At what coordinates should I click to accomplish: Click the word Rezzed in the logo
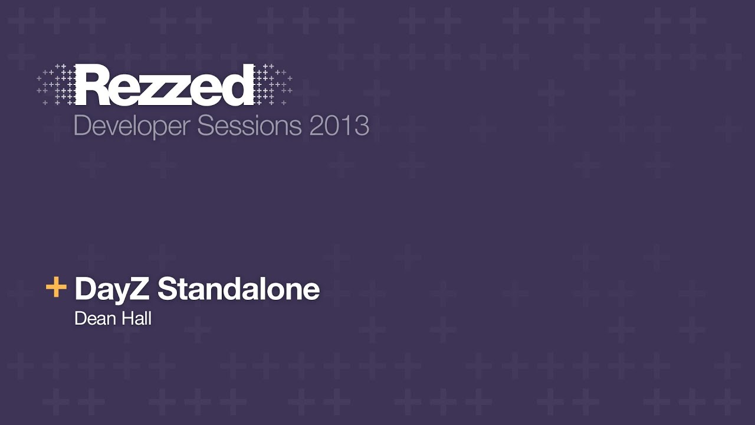pyautogui.click(x=165, y=85)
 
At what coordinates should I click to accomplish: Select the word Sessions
pyautogui.click(x=249, y=126)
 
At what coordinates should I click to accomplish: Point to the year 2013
pyautogui.click(x=339, y=126)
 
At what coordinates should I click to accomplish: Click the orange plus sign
pyautogui.click(x=56, y=287)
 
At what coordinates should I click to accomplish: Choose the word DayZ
pyautogui.click(x=112, y=290)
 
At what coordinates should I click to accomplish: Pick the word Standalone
pyautogui.click(x=238, y=289)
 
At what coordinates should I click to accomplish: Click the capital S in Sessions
pyautogui.click(x=206, y=126)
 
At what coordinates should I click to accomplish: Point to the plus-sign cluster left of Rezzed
pyautogui.click(x=57, y=85)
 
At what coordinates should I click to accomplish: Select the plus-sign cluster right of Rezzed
pyautogui.click(x=273, y=84)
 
